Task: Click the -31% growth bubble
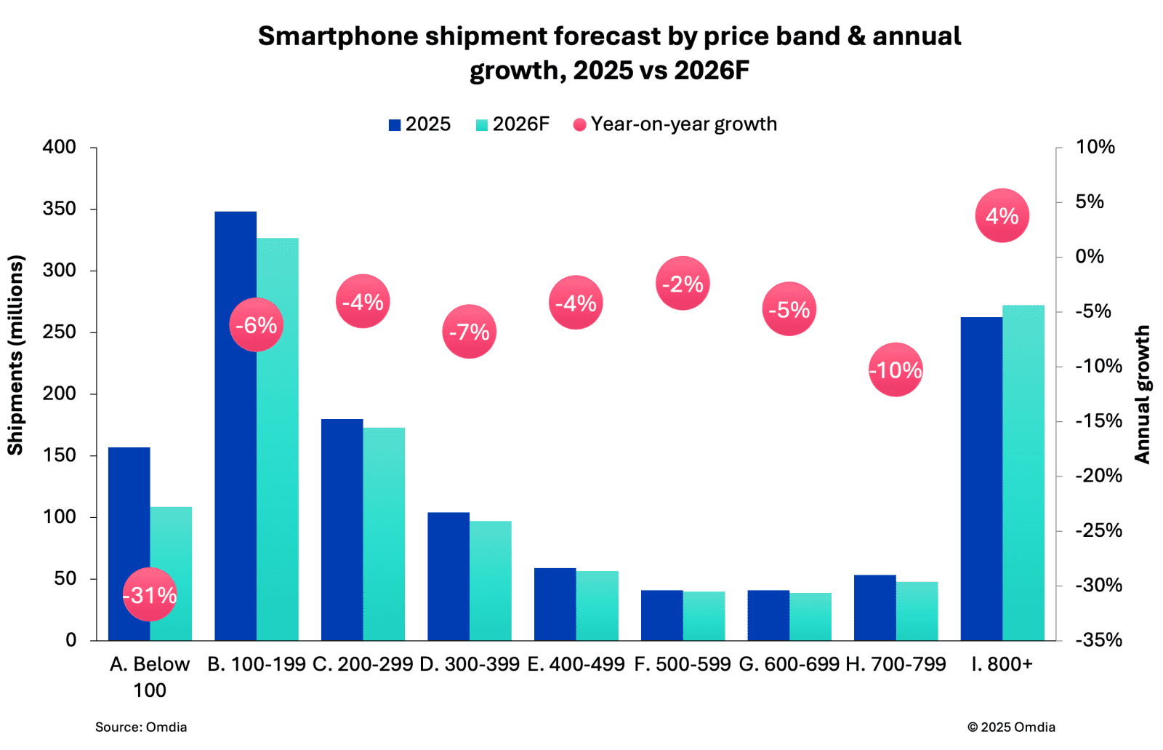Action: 150,595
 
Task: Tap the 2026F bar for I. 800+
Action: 1023,473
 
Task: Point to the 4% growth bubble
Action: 1002,216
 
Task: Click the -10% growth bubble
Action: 896,370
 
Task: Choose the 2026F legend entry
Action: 512,124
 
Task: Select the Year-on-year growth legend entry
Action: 675,124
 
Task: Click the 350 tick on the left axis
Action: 60,209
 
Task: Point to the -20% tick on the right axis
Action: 1098,476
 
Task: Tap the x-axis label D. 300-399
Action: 470,664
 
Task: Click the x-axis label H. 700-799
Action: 896,664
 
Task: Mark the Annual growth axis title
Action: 1143,394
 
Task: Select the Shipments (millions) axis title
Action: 15,355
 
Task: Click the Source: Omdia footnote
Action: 141,727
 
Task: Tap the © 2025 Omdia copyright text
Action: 1011,727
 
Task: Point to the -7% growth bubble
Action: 469,332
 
